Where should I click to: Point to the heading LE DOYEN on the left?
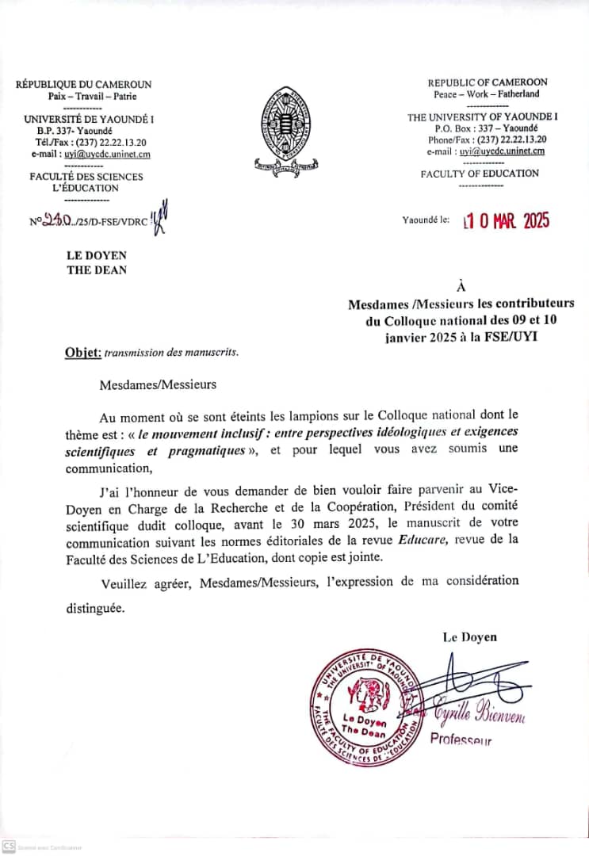[x=97, y=255]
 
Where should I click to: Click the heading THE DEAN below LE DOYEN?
[x=97, y=269]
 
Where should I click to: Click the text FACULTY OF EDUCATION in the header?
[x=480, y=174]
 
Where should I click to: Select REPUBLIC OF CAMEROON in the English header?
[x=487, y=82]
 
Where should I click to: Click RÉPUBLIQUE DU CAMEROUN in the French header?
[x=84, y=85]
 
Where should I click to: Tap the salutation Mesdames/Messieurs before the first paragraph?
[x=158, y=385]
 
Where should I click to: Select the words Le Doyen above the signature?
[x=470, y=636]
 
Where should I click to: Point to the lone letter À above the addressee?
[x=461, y=285]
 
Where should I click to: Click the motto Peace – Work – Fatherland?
[x=487, y=94]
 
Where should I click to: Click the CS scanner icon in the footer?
[x=9, y=846]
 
